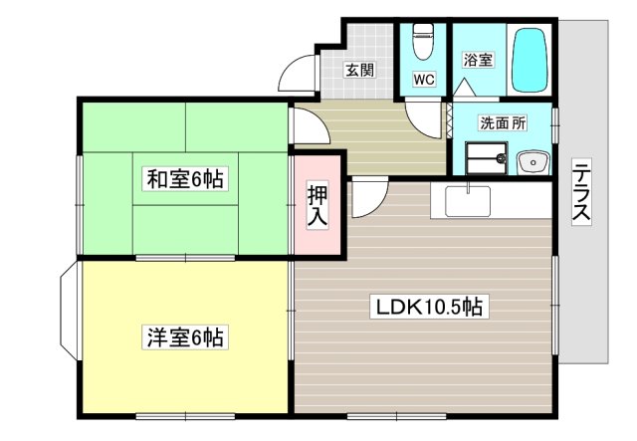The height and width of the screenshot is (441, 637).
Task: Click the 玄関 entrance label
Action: pos(359,70)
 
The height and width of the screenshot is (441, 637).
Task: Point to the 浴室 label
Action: pos(478,61)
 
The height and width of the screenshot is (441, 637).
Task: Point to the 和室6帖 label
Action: pos(185,179)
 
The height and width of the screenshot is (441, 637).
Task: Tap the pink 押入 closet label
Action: pos(317,204)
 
